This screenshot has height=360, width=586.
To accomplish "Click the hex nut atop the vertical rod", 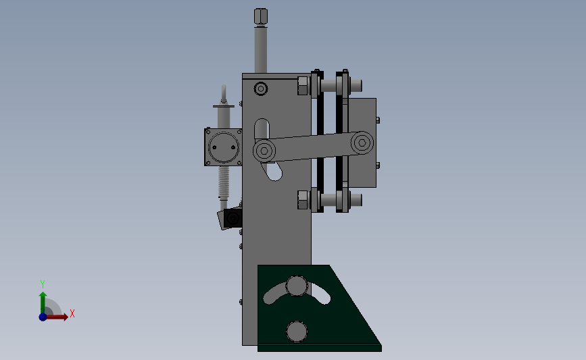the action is point(260,16).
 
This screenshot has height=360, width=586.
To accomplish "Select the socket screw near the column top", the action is point(261,89).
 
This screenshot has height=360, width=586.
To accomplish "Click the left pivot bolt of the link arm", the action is point(264,151).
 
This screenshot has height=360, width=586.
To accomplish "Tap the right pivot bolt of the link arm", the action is point(362,143).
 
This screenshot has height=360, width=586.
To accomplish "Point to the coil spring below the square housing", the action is point(224,182).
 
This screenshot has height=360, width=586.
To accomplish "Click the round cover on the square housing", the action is point(224,147).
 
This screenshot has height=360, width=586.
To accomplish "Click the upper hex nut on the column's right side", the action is point(303,86).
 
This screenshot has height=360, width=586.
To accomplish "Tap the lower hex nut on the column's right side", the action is point(303,199).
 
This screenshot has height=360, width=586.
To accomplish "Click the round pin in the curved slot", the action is point(297,286).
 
